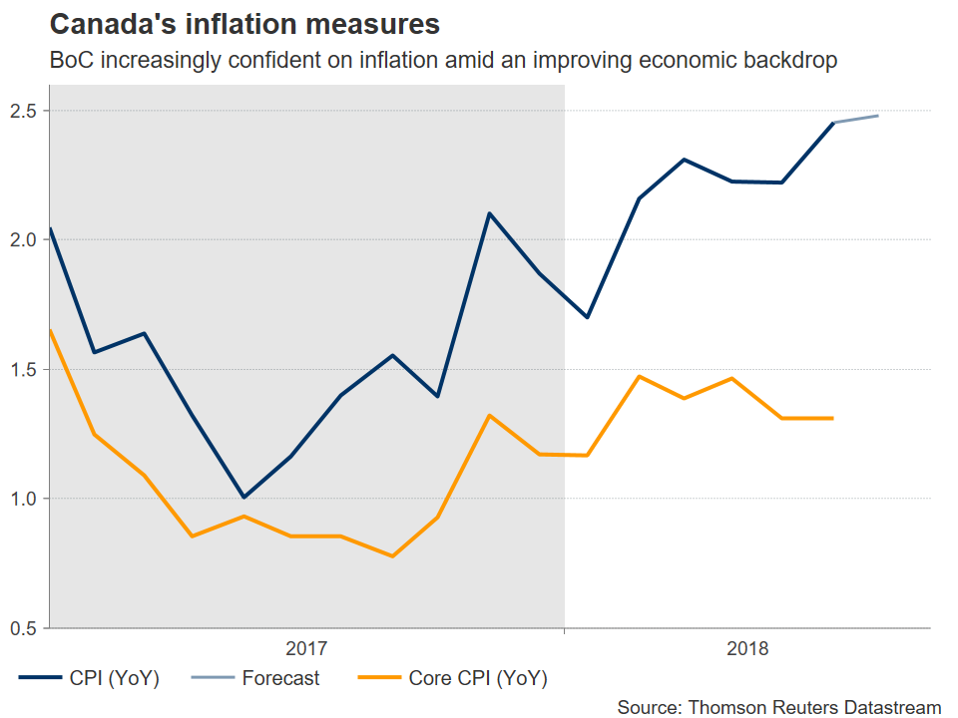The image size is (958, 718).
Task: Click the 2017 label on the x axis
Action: [x=306, y=649]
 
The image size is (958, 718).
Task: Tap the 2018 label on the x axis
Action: [x=748, y=649]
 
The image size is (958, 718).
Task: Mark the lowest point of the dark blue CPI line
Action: [x=242, y=497]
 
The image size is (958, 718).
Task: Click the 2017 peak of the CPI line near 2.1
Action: [x=489, y=212]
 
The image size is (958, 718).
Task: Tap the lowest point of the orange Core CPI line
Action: [x=392, y=555]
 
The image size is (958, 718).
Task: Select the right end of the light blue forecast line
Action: [x=878, y=116]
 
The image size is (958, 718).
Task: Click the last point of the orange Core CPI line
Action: [x=832, y=418]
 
